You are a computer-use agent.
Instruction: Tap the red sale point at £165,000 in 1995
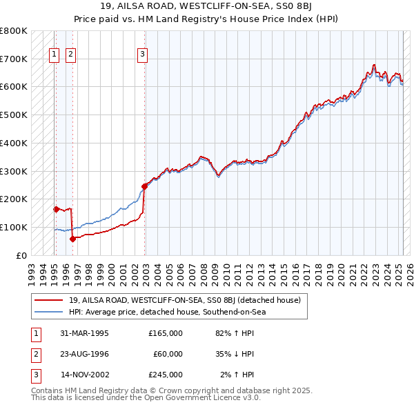pyautogui.click(x=56, y=208)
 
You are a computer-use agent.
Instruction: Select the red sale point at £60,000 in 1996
pyautogui.click(x=72, y=239)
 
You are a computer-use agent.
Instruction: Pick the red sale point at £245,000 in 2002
pyautogui.click(x=145, y=186)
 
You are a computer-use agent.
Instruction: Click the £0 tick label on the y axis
pyautogui.click(x=21, y=255)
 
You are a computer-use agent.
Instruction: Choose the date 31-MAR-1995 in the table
pyautogui.click(x=85, y=333)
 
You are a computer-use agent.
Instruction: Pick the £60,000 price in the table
pyautogui.click(x=168, y=354)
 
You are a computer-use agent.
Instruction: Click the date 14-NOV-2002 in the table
pyautogui.click(x=85, y=375)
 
